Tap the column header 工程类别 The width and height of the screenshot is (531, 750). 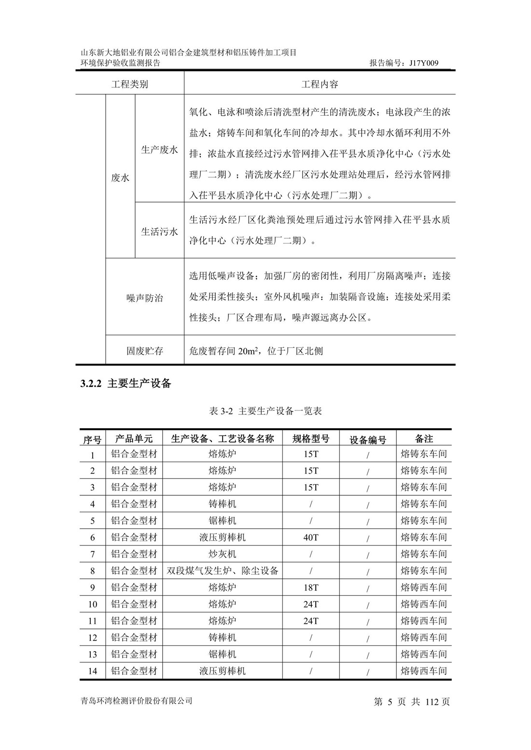[129, 84]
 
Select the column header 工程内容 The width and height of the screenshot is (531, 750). [320, 84]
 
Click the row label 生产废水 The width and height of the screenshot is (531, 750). [159, 150]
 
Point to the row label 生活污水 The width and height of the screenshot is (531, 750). [159, 232]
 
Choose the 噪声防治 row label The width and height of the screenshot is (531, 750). [145, 299]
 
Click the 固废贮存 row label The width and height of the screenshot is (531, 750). [145, 351]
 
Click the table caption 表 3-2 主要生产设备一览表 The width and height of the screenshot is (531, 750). [266, 411]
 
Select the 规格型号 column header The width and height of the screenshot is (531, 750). [311, 438]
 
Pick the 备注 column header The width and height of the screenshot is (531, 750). [424, 438]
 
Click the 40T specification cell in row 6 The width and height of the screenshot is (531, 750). [311, 537]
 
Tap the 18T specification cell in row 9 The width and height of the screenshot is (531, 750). [311, 587]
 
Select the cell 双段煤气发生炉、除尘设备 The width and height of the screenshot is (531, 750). [223, 571]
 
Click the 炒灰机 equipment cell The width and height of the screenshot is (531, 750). [223, 554]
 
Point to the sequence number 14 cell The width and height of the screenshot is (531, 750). [93, 671]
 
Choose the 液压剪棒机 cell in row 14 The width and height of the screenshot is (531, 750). [223, 671]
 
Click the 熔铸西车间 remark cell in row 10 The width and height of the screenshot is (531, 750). [424, 604]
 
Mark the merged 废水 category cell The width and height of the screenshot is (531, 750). [120, 178]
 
